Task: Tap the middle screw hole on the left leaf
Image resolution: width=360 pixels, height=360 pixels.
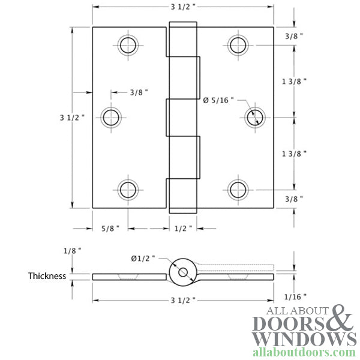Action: pos(111,117)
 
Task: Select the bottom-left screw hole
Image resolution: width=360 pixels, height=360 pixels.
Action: pos(128,190)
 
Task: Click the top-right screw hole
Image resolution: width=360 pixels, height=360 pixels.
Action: pos(238,44)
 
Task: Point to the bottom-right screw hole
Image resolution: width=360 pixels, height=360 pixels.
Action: pos(238,190)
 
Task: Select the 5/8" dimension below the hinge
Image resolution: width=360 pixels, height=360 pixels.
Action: pos(110,228)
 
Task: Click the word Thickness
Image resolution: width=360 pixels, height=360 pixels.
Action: pos(47,277)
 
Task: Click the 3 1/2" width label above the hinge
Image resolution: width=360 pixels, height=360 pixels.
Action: pos(183,8)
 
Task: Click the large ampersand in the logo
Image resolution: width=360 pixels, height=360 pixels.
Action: pos(343,318)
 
